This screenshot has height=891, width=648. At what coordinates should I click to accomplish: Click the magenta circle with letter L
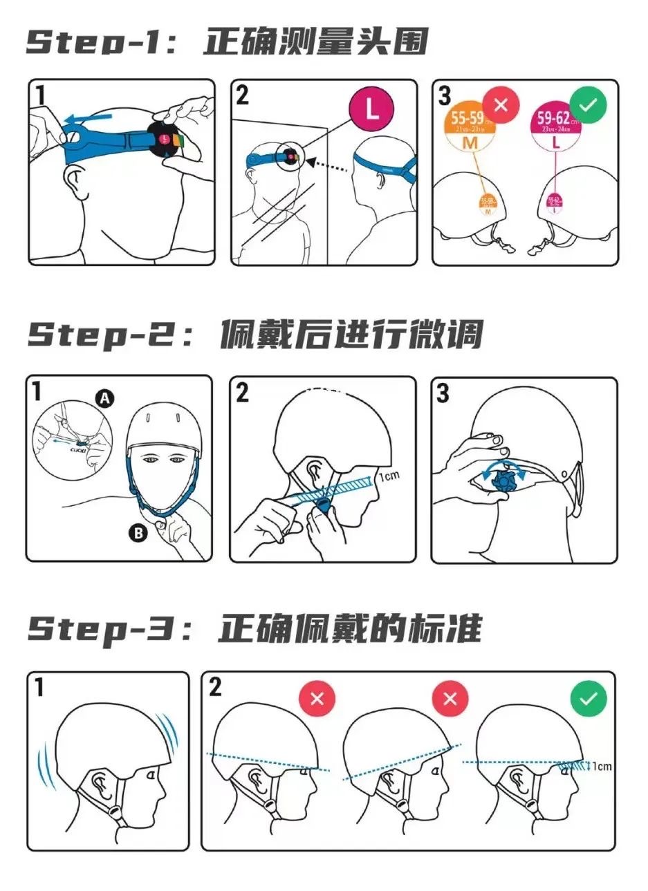[371, 110]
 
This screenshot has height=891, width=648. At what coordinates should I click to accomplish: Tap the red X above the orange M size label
[501, 106]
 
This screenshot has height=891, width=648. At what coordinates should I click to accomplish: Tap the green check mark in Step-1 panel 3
[587, 106]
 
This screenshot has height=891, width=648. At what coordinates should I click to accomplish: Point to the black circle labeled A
[104, 398]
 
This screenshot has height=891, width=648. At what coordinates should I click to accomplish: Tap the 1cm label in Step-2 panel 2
[389, 476]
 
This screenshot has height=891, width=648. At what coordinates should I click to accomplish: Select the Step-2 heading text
[254, 335]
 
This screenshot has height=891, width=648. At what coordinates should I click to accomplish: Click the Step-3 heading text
[254, 629]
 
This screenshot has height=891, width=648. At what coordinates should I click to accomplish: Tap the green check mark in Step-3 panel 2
[588, 698]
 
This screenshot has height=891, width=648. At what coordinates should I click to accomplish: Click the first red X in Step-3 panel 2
[317, 698]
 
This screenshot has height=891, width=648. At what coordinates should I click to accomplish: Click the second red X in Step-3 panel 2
[450, 698]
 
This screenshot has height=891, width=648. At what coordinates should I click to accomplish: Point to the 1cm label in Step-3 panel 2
[602, 766]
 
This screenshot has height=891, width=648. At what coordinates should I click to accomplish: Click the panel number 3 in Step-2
[443, 393]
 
